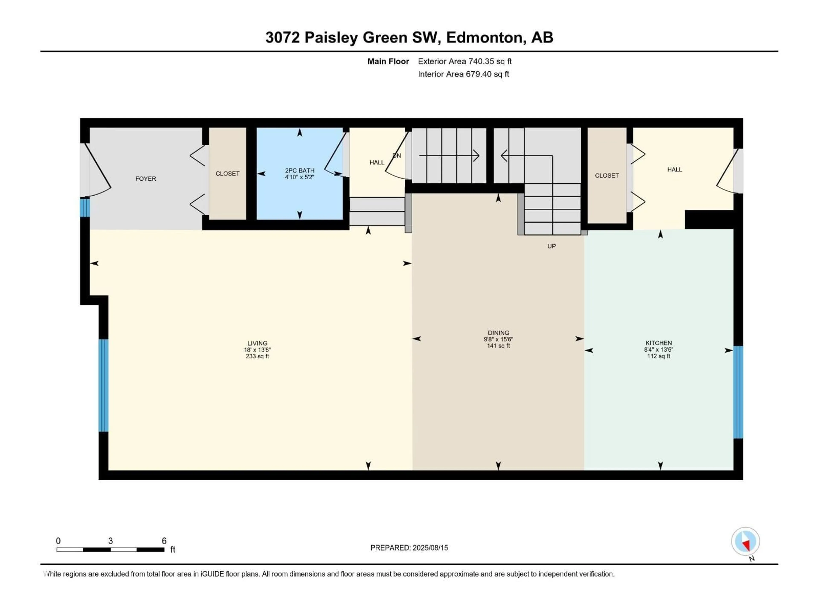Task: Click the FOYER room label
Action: (x=145, y=179)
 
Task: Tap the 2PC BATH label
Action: (x=299, y=171)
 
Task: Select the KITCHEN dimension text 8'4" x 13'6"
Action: (x=658, y=349)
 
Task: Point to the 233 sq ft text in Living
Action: (x=257, y=356)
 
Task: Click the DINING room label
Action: (x=498, y=333)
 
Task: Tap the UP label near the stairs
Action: (x=551, y=246)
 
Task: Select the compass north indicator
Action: (x=745, y=542)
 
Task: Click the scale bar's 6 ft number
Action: (x=164, y=541)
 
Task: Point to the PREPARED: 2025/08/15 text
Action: (x=409, y=548)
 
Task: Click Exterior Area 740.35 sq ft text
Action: (x=465, y=61)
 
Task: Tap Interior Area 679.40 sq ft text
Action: (x=463, y=74)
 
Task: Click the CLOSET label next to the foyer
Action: (x=227, y=174)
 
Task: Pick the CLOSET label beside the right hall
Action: (x=607, y=175)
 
